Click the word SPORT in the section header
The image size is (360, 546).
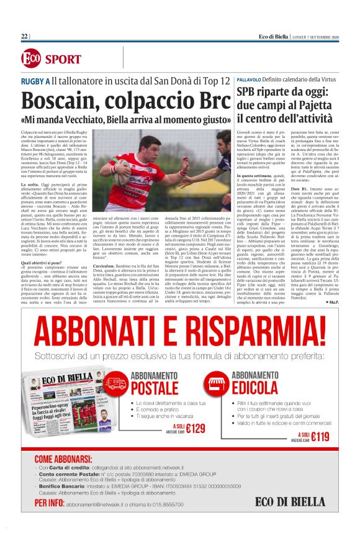pyautogui.click(x=63, y=60)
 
